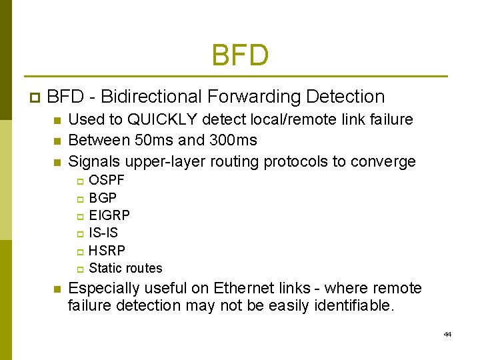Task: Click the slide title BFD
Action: (x=240, y=55)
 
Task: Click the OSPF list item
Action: (x=107, y=180)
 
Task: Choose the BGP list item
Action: (x=103, y=198)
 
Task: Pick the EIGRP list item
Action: (x=109, y=215)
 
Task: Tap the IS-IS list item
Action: (x=103, y=233)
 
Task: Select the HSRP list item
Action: (x=107, y=251)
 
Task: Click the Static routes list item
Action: (x=125, y=268)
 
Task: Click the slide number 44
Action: (x=447, y=334)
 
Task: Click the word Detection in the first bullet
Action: (x=345, y=97)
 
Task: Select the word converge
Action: (x=384, y=161)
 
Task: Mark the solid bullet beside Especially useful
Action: (x=57, y=289)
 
